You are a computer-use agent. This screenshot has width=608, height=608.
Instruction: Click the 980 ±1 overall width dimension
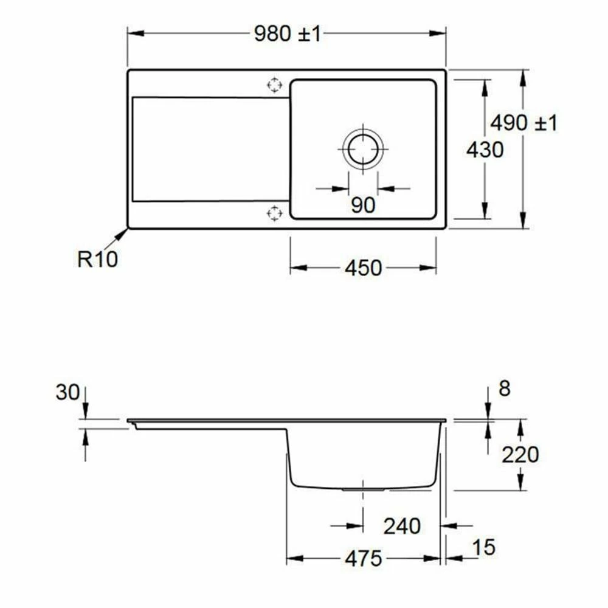click(x=286, y=35)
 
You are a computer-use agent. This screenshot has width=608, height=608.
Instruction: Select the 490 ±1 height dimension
click(x=523, y=123)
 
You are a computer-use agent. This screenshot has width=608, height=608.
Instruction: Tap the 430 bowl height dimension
click(x=485, y=149)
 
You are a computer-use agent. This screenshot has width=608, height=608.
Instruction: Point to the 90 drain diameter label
click(x=363, y=206)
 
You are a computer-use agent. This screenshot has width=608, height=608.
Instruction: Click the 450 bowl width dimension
click(x=363, y=268)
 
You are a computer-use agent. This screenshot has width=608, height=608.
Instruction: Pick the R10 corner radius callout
click(x=97, y=259)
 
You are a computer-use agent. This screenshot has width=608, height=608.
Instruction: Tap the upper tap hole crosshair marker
click(x=275, y=85)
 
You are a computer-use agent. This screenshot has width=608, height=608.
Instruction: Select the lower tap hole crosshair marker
click(x=275, y=213)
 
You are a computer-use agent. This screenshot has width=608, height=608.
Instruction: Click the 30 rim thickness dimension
click(x=67, y=393)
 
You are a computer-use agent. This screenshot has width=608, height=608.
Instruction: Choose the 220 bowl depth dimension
click(x=520, y=454)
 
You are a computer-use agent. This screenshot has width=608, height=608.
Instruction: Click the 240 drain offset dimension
click(x=402, y=526)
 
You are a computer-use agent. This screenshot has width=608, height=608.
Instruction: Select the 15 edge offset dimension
click(x=484, y=547)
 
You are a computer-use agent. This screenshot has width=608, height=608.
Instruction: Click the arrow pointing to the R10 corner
click(x=122, y=235)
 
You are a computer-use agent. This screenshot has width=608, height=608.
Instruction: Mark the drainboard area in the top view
click(x=207, y=149)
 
